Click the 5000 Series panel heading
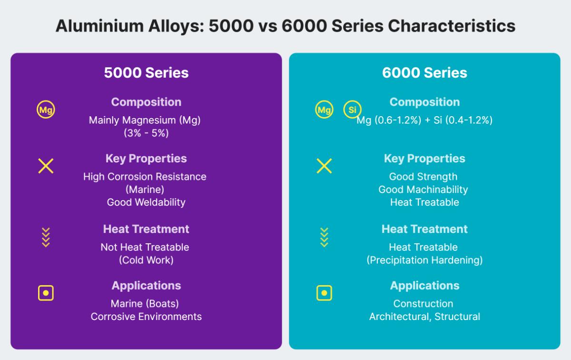(146, 72)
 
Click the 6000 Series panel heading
(424, 72)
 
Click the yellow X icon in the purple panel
(46, 166)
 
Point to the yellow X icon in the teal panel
(324, 166)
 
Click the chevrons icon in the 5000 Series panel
(46, 237)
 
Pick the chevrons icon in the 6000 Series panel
(324, 237)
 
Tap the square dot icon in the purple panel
(46, 293)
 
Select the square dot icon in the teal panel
(324, 293)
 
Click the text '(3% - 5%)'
(146, 133)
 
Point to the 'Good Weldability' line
(146, 202)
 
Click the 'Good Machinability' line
(423, 190)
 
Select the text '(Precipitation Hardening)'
(424, 260)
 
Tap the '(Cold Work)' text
(146, 260)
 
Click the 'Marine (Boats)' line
(145, 303)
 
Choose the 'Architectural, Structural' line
(424, 316)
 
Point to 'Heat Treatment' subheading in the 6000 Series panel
(424, 229)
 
